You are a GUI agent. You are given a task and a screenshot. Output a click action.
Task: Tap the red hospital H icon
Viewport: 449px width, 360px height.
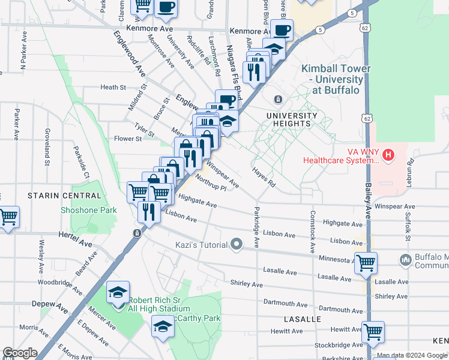388,155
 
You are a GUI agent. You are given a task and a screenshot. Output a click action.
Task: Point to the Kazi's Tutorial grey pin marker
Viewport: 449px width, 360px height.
237,244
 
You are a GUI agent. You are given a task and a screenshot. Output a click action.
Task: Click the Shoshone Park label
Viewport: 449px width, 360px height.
88,210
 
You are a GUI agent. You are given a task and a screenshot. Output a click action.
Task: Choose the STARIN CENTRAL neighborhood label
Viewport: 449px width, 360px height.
64,196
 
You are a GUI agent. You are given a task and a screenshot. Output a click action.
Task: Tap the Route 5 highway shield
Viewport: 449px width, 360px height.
322,29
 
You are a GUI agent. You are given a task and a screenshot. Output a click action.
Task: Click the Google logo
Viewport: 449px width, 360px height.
19,353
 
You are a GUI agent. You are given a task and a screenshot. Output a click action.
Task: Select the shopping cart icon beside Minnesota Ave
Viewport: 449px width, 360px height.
366,262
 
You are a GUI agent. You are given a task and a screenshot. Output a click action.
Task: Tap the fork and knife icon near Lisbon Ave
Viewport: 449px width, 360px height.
148,211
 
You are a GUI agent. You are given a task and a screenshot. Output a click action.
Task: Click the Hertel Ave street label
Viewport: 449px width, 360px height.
75,239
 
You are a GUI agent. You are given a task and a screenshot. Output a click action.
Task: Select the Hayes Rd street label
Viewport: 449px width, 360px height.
264,177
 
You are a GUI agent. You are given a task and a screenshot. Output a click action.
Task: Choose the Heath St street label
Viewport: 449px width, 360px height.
113,87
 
